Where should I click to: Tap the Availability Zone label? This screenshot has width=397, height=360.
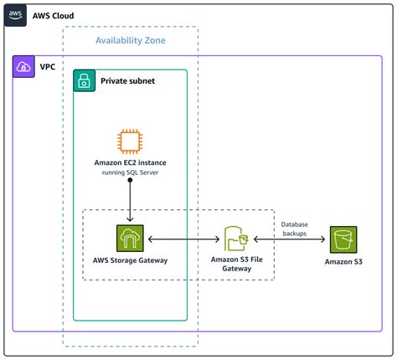(x=130, y=41)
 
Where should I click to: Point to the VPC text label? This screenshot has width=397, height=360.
(x=48, y=67)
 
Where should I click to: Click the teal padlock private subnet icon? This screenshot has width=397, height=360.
(x=84, y=80)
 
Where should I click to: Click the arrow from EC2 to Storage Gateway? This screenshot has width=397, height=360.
(x=130, y=201)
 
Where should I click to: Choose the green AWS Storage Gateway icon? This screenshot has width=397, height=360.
(x=130, y=239)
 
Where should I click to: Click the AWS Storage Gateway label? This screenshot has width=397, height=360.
(x=130, y=261)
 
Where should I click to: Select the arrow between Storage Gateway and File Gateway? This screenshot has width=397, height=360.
(x=184, y=240)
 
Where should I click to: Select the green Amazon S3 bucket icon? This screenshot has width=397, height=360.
(x=343, y=239)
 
